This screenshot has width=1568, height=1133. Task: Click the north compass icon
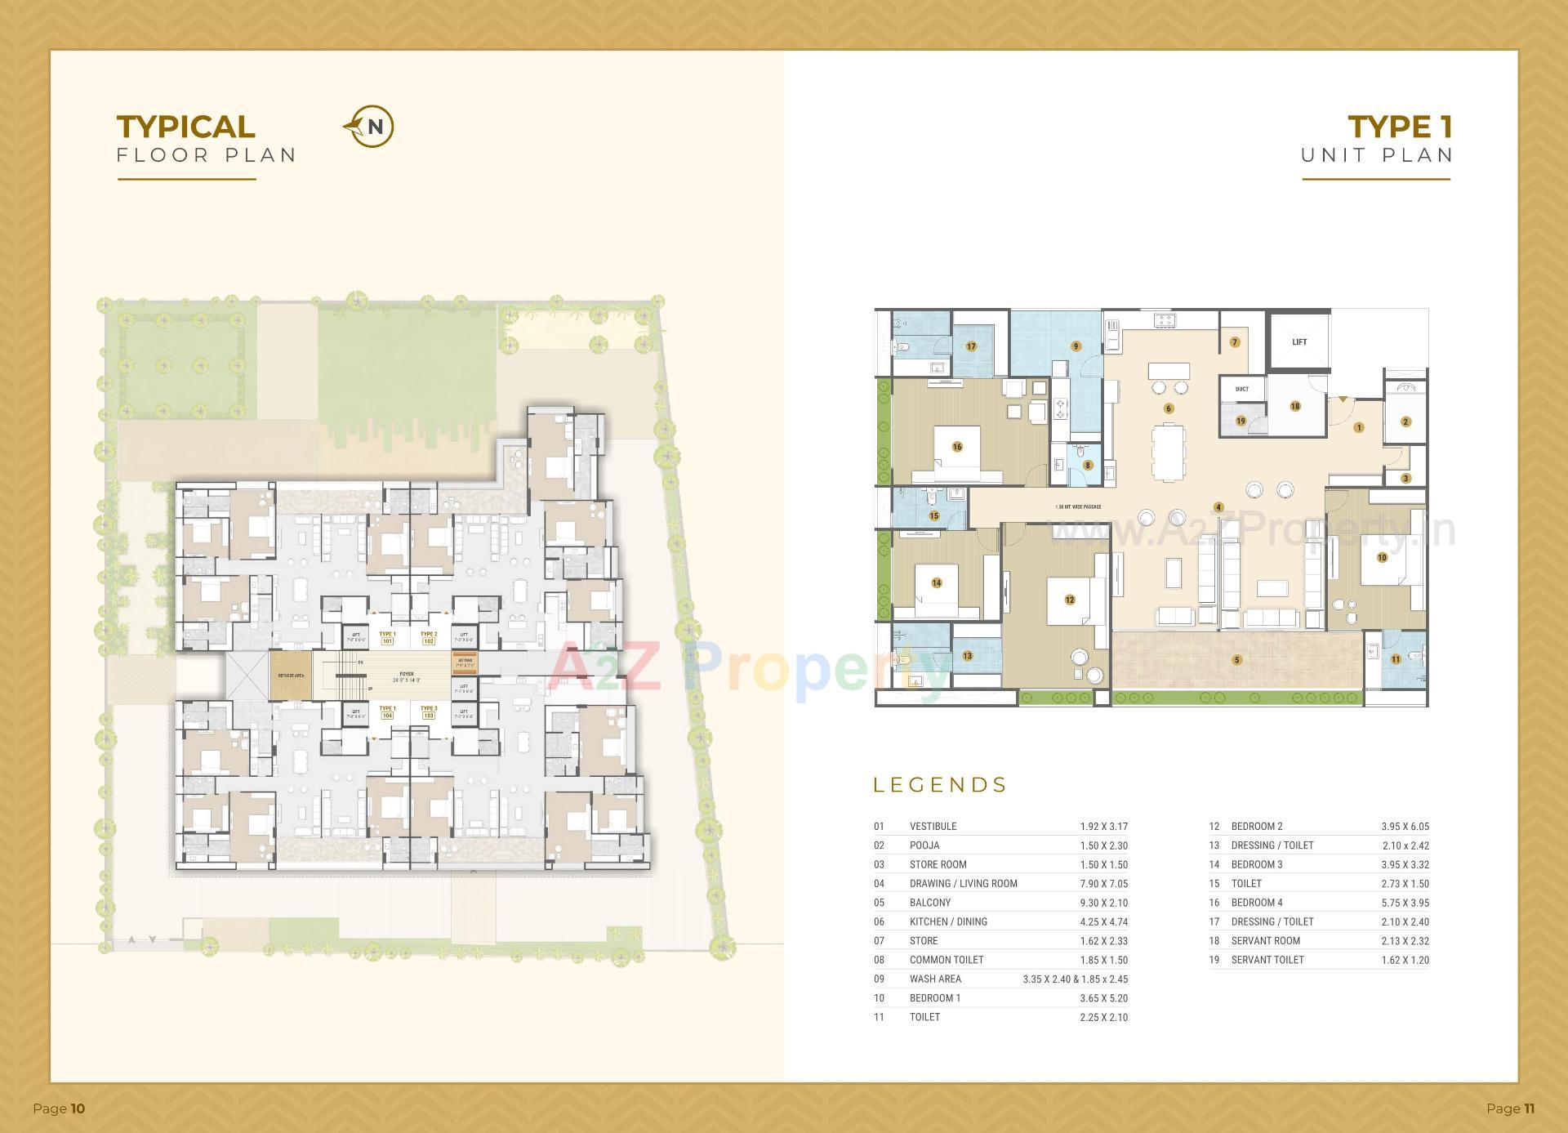click(369, 127)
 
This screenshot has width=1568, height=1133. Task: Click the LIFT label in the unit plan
click(1298, 342)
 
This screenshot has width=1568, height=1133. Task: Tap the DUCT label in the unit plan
click(1241, 389)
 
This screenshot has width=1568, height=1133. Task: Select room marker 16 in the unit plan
click(956, 447)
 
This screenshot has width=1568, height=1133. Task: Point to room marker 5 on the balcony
click(1236, 660)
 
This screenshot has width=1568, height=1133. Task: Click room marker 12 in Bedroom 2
click(1069, 600)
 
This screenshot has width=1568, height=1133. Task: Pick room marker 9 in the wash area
click(1076, 346)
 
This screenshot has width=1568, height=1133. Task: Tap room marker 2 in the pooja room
click(1405, 422)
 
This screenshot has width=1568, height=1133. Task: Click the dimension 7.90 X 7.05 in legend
click(1103, 883)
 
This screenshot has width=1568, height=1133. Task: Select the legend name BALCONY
click(929, 903)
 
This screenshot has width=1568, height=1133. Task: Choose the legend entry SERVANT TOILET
click(1267, 960)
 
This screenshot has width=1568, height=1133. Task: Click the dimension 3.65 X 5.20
click(1103, 998)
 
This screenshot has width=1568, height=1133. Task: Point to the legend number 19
click(1214, 960)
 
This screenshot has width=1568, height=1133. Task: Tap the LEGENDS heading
click(940, 785)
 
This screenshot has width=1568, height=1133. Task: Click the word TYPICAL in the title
click(186, 127)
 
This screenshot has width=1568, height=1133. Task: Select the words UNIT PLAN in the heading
click(1377, 154)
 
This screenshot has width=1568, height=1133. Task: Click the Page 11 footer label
click(1510, 1108)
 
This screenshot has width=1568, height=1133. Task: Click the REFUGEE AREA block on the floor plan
click(291, 676)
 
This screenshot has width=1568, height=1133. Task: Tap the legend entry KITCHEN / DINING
click(948, 921)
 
